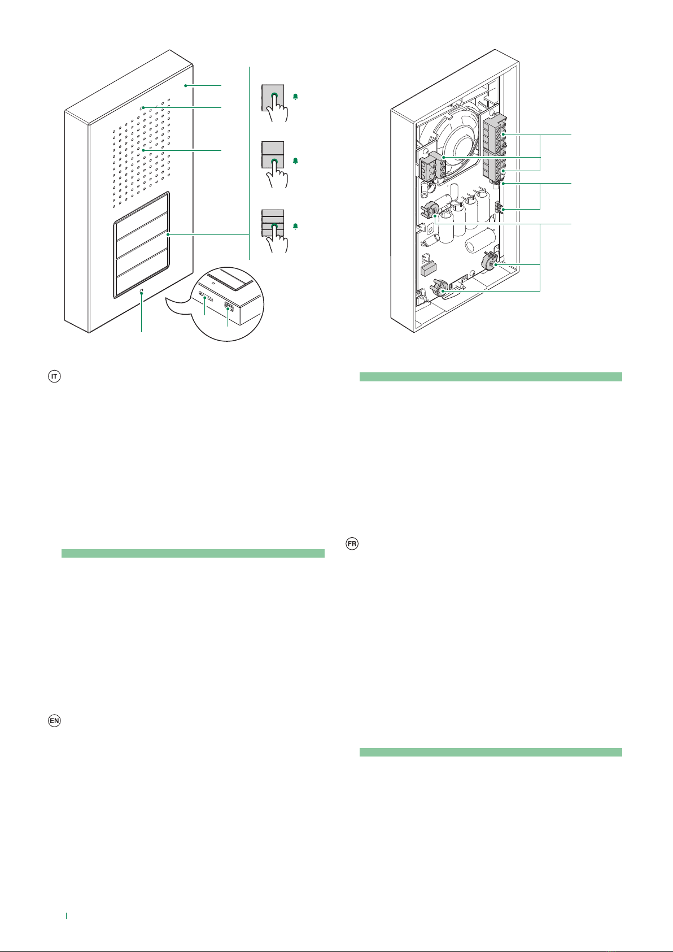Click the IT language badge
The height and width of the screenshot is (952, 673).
point(54,376)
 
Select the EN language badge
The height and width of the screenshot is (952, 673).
point(54,721)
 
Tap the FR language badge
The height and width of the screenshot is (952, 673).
point(352,544)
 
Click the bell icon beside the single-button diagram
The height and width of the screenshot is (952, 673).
point(295,97)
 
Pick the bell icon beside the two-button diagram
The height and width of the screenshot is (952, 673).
point(295,161)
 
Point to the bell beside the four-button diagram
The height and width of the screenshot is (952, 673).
point(295,227)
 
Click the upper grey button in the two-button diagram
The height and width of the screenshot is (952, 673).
point(273,148)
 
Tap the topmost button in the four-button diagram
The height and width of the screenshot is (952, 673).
point(273,212)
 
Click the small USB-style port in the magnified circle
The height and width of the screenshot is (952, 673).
point(229,306)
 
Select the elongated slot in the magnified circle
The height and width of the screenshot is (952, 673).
point(206,296)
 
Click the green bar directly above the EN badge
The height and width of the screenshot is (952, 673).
point(193,553)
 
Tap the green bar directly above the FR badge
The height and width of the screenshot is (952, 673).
point(491,376)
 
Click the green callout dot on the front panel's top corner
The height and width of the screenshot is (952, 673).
point(186,86)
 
